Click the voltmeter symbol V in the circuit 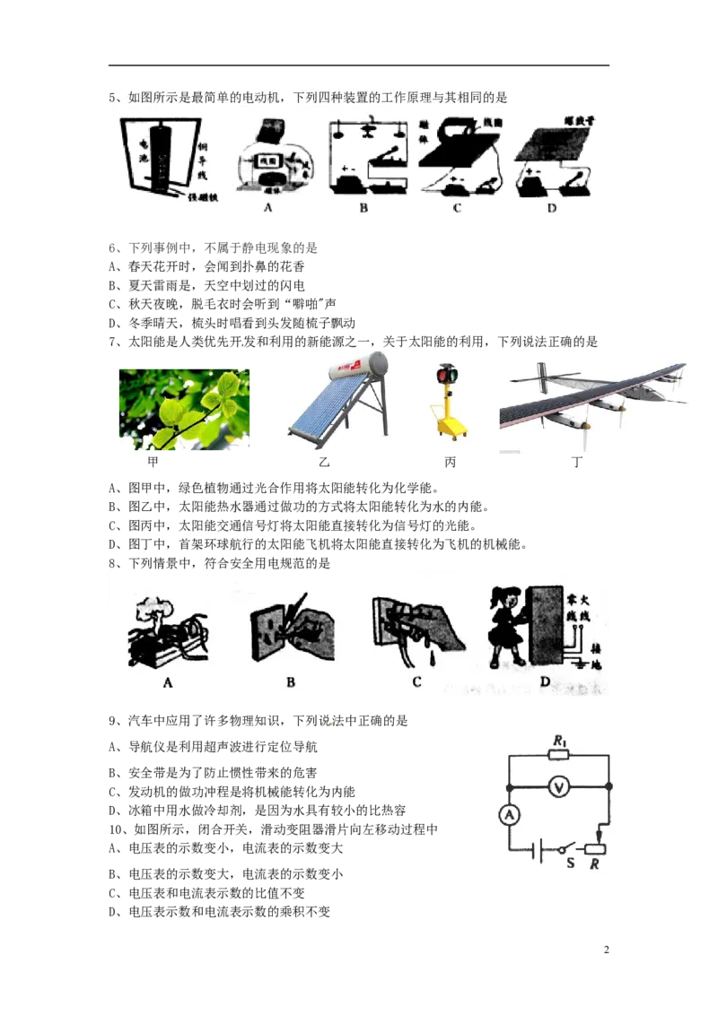click(559, 787)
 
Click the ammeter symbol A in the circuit click(509, 814)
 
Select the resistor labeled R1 click(559, 755)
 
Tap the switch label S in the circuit click(570, 863)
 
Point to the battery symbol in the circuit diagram click(538, 849)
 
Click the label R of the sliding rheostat click(594, 864)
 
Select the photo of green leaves click(183, 409)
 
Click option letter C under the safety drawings click(416, 682)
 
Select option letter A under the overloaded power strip click(167, 682)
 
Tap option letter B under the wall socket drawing click(291, 682)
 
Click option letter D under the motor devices click(551, 208)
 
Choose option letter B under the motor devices click(363, 208)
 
